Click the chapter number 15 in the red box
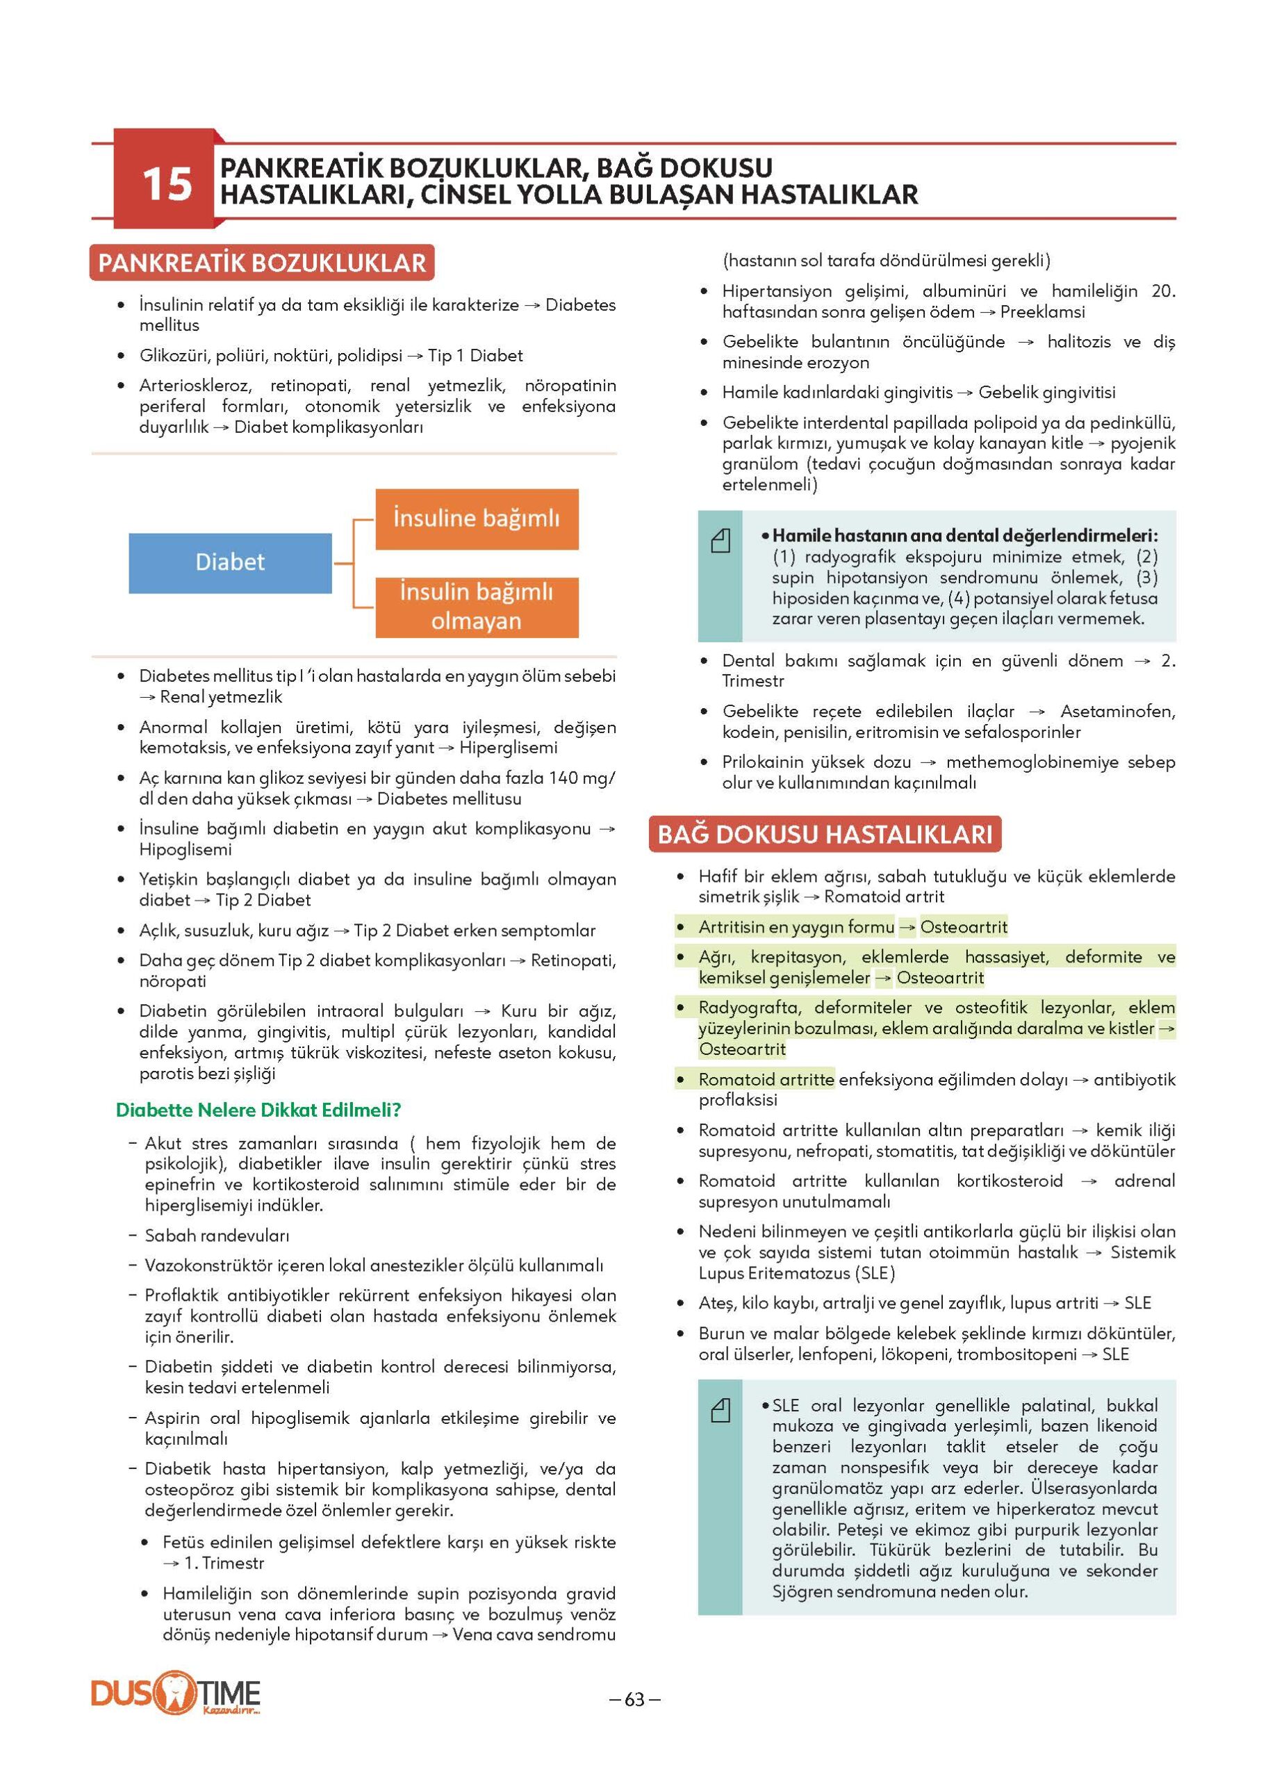click(x=166, y=183)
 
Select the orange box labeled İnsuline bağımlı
click(x=476, y=518)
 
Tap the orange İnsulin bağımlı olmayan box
click(x=476, y=607)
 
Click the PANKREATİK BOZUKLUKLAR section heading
click(x=261, y=263)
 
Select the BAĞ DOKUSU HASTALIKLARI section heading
click(x=825, y=834)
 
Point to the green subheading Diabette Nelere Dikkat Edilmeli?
click(x=258, y=1110)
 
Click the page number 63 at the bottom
click(x=634, y=1699)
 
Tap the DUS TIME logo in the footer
click(x=176, y=1696)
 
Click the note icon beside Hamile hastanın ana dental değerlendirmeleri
click(x=720, y=541)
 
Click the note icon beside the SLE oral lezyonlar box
click(x=720, y=1409)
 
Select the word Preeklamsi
click(x=1042, y=311)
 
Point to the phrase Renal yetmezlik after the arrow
click(x=221, y=696)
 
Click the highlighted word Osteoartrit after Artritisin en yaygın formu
click(x=964, y=927)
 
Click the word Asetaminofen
click(x=1117, y=712)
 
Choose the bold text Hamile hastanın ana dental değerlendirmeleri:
click(x=965, y=536)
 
